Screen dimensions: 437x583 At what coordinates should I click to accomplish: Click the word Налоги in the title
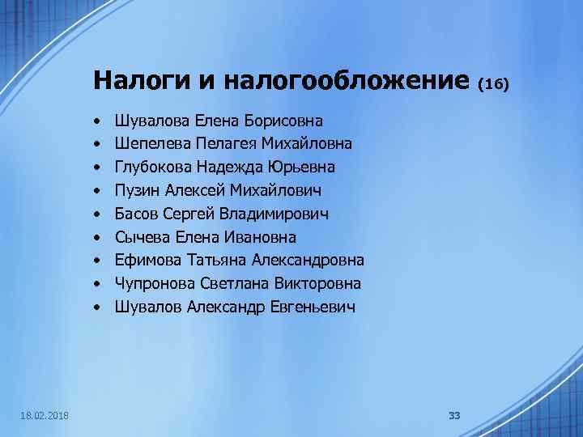click(x=137, y=81)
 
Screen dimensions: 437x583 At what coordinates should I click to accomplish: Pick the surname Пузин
click(x=138, y=191)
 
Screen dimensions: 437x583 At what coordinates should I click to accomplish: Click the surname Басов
click(x=137, y=214)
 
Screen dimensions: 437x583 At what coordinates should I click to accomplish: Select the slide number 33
click(x=454, y=415)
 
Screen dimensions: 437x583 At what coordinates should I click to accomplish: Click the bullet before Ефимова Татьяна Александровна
click(x=96, y=261)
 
